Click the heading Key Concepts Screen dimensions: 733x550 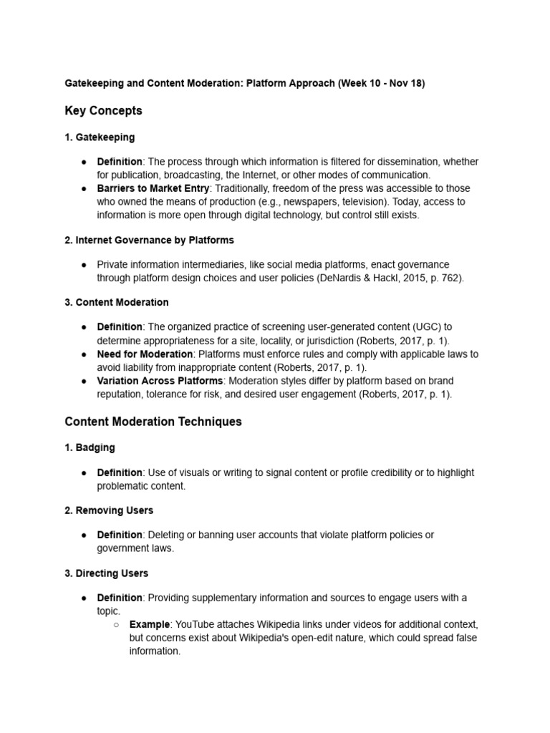(x=103, y=111)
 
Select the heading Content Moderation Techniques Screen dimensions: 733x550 (x=153, y=422)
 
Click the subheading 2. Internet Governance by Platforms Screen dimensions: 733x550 (x=149, y=240)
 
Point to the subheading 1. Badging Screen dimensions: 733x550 (x=90, y=447)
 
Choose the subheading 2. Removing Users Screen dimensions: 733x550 (x=109, y=510)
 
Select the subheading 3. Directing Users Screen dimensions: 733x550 (x=107, y=573)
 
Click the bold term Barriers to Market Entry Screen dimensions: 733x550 (x=153, y=188)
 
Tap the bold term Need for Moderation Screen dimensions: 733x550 (x=145, y=354)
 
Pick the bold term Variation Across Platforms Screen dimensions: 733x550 (x=160, y=381)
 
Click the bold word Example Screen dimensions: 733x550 (x=150, y=624)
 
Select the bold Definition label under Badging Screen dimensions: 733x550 (x=120, y=472)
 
